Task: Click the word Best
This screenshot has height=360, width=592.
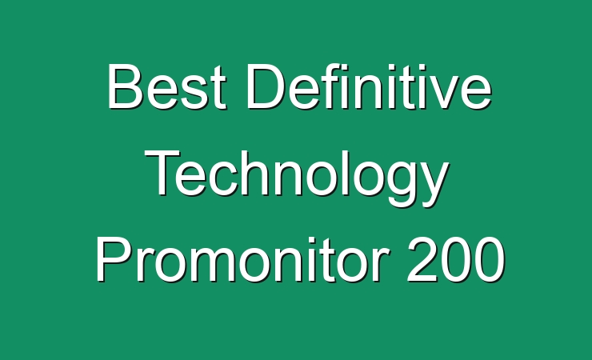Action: tap(167, 86)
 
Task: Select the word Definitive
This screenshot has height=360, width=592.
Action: tap(369, 86)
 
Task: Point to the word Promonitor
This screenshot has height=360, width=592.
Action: tap(242, 259)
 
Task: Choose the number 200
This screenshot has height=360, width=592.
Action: tap(456, 259)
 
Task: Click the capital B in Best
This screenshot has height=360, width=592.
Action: tap(126, 86)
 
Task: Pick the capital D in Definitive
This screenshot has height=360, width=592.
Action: tap(266, 86)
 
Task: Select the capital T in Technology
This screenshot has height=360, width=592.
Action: tap(163, 173)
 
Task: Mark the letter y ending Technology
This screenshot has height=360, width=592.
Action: tap(433, 184)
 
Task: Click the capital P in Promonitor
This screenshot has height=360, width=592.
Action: tap(114, 259)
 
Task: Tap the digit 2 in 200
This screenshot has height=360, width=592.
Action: tap(422, 259)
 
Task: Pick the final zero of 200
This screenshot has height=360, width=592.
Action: tap(490, 260)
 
